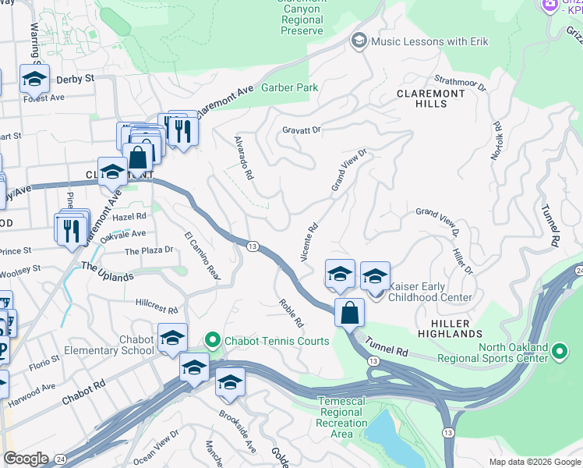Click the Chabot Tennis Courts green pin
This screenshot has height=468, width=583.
[211, 340]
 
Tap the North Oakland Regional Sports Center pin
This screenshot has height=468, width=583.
[559, 352]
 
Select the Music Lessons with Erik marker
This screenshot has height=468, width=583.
[359, 41]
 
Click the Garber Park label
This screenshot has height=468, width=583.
[289, 88]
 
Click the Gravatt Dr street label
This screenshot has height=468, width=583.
[302, 129]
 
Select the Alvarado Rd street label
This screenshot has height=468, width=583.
[244, 158]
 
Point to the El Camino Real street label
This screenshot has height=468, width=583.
[203, 256]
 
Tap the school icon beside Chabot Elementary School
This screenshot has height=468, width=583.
[172, 338]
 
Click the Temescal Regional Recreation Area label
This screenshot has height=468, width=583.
[343, 417]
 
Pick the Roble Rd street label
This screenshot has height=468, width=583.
[291, 312]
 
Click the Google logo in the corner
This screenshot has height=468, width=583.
[26, 459]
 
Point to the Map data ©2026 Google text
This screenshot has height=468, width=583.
[534, 462]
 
